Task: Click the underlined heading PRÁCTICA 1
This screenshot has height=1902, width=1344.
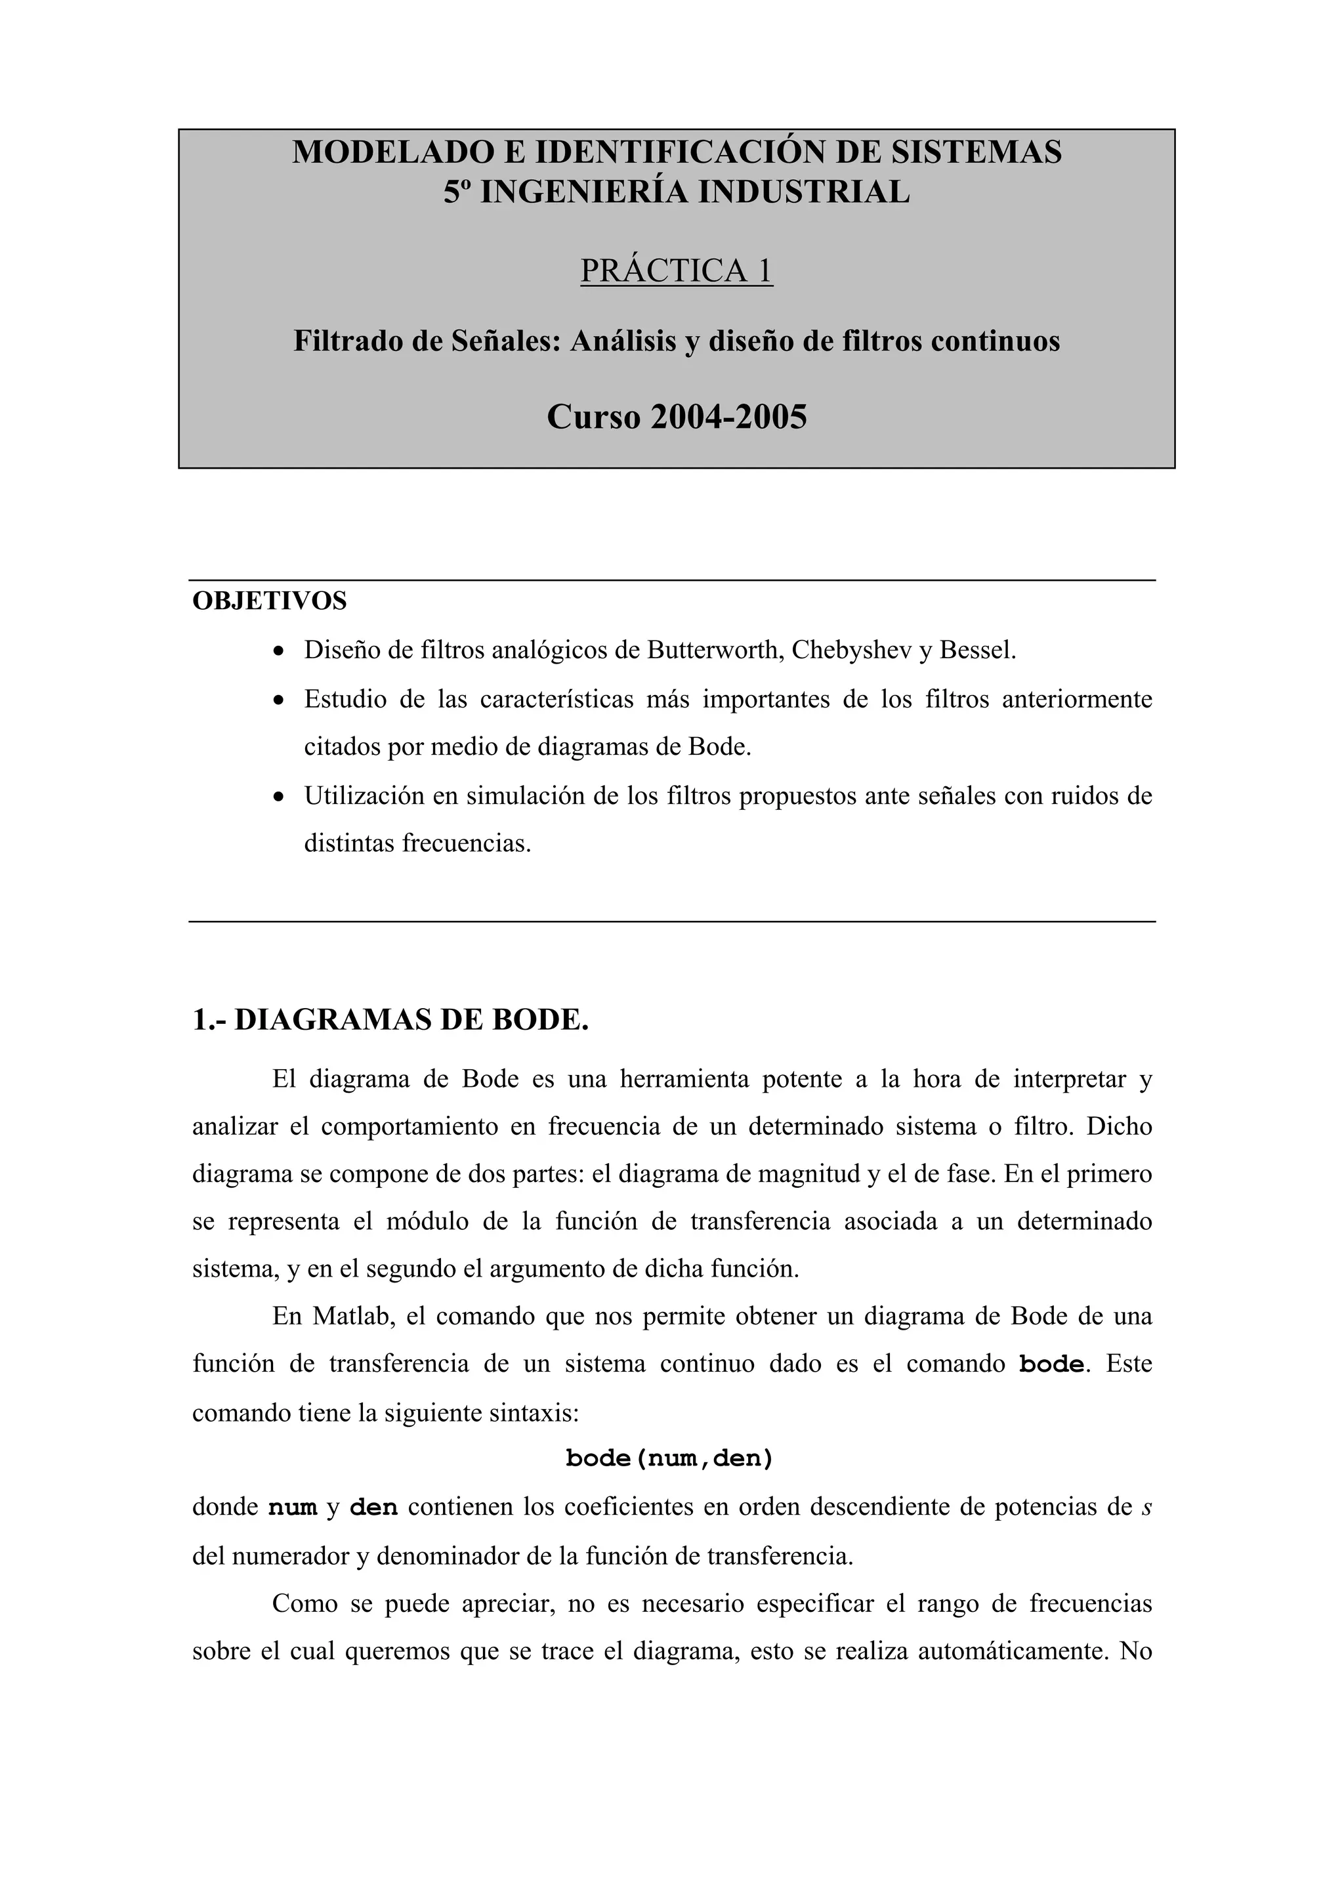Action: coord(677,271)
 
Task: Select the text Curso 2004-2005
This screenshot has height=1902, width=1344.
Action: coord(677,417)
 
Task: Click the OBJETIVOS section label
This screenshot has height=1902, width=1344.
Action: coord(269,601)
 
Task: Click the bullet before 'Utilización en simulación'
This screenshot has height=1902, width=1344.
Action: coord(280,797)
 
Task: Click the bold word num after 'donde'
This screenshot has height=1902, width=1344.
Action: coord(292,1507)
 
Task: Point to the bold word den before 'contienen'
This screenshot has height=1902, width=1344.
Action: coord(373,1507)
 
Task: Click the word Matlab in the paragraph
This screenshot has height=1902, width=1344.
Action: coord(351,1317)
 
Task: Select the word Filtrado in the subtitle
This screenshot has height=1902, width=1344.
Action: coord(348,341)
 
